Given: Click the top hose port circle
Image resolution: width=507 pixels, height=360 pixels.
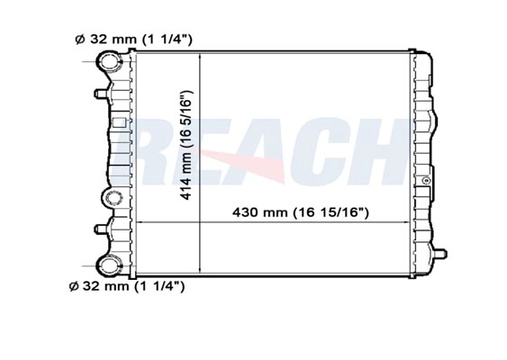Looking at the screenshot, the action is click(109, 60).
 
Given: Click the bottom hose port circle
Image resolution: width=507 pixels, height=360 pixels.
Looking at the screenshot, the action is click(110, 265).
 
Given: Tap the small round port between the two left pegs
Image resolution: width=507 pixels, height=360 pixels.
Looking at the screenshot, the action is click(113, 198).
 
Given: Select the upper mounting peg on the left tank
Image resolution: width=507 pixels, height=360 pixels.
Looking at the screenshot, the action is click(101, 94).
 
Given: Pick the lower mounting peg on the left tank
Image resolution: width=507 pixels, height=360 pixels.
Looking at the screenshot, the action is click(101, 229).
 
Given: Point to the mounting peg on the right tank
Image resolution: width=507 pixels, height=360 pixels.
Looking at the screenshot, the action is click(440, 254).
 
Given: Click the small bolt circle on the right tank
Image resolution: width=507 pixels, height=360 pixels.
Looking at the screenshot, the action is click(427, 180).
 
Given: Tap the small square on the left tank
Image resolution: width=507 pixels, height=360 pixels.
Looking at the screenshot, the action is click(119, 122).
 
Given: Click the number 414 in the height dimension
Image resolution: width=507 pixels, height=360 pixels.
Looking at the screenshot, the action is click(186, 189).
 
